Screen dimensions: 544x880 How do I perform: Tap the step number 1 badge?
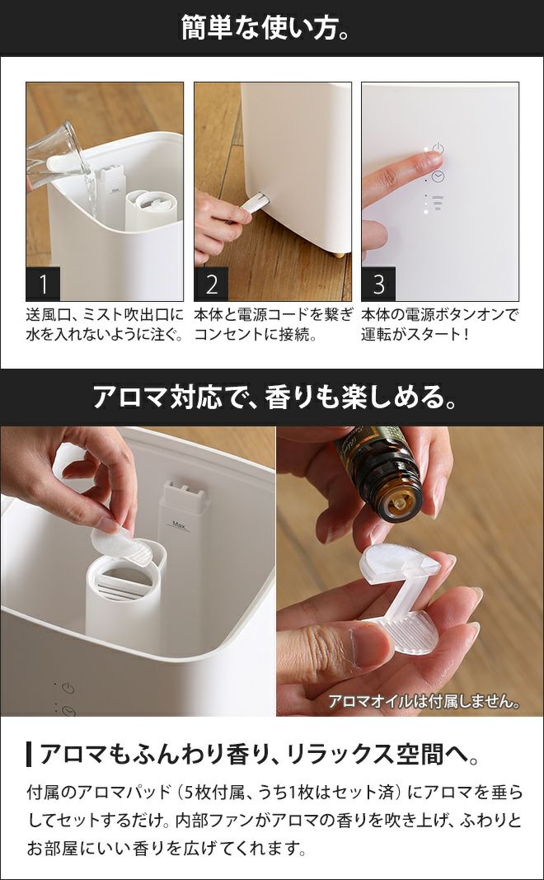pos(43,284)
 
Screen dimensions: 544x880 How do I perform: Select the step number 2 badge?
pos(211,284)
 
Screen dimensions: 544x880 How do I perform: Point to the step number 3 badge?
pos(378,284)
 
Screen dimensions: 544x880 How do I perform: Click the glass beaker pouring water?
pos(57,158)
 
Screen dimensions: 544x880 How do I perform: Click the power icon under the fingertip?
pos(438,149)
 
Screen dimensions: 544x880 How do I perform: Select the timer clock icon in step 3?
pos(438,176)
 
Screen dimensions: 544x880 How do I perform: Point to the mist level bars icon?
pos(438,203)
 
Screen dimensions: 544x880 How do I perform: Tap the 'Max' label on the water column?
pos(180,526)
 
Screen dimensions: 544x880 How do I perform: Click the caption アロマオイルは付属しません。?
pos(424,702)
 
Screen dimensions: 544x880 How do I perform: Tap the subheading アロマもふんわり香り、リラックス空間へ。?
pos(260,755)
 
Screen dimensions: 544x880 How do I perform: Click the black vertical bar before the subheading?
pos(29,755)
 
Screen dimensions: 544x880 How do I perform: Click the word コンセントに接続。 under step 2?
pos(256,335)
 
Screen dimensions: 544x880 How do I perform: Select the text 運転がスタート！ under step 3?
pos(415,335)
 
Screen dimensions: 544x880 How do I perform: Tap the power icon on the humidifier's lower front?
pos(68,689)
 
